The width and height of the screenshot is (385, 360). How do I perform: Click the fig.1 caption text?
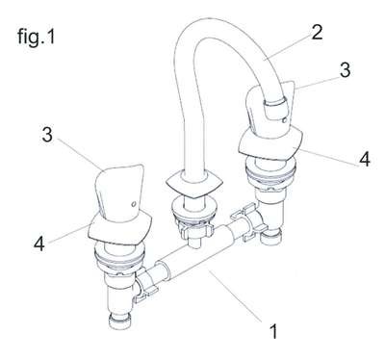pyautogui.click(x=37, y=37)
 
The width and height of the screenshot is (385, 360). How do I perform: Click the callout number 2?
pyautogui.click(x=317, y=32)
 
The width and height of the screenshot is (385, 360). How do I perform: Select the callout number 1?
pyautogui.click(x=273, y=331)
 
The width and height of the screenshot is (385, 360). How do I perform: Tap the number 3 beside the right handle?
pyautogui.click(x=345, y=69)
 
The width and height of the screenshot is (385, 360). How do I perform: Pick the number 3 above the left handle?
pyautogui.click(x=47, y=135)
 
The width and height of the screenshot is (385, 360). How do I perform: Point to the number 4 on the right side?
pyautogui.click(x=364, y=159)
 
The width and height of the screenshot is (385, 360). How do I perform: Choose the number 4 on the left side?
pyautogui.click(x=39, y=244)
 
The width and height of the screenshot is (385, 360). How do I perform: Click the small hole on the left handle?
pyautogui.click(x=133, y=203)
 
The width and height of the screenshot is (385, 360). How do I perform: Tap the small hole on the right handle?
pyautogui.click(x=284, y=120)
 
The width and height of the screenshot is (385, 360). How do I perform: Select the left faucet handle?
pyautogui.click(x=119, y=193)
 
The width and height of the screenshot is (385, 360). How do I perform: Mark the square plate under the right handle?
pyautogui.click(x=270, y=142)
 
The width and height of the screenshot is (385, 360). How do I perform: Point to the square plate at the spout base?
pyautogui.click(x=193, y=185)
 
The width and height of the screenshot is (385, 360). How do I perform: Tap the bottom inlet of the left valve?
pyautogui.click(x=119, y=321)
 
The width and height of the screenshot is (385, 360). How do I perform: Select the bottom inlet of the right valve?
pyautogui.click(x=271, y=237)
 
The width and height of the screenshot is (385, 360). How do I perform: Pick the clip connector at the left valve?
pyautogui.click(x=145, y=284)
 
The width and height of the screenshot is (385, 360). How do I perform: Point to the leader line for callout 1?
pyautogui.click(x=236, y=296)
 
